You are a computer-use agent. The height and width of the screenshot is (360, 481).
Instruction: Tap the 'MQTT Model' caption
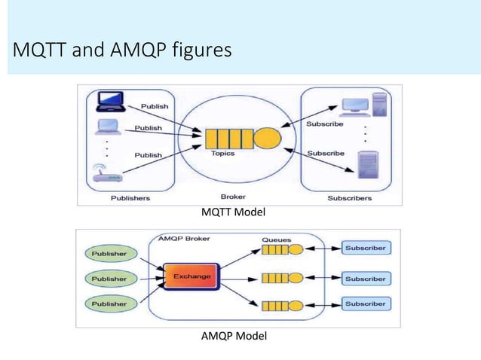[x=233, y=212]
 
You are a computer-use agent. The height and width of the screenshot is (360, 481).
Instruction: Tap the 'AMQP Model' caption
[x=234, y=335]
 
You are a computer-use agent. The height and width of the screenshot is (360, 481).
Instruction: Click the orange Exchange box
[x=192, y=276]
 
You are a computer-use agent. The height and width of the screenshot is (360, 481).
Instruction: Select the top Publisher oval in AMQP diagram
[x=110, y=253]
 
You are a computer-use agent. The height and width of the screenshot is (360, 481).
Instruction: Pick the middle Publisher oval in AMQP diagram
[x=110, y=278]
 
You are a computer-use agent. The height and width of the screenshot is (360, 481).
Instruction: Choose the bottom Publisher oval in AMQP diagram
[x=110, y=304]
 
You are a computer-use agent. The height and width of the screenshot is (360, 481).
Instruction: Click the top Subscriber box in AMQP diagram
[x=365, y=248]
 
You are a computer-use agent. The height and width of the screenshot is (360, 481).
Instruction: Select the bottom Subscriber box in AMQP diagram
[x=365, y=304]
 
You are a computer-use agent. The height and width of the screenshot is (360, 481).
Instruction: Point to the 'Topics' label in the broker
[x=223, y=154]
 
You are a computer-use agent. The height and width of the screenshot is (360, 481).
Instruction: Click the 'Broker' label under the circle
[x=234, y=197]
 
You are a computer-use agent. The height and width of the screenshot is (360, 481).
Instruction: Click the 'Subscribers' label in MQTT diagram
[x=350, y=198]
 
